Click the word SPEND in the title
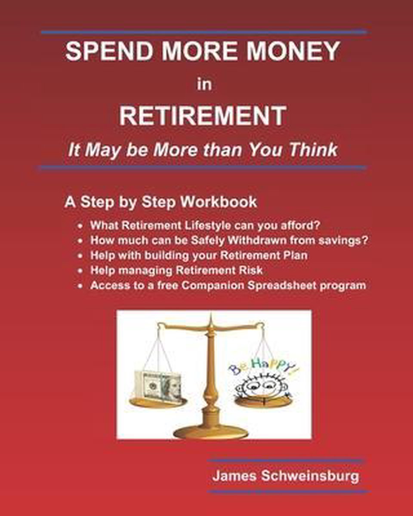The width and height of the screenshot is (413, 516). click(109, 51)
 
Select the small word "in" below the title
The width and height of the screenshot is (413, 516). click(204, 85)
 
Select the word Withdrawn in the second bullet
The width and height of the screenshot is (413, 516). click(256, 241)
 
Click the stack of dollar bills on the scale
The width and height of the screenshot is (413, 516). click(157, 387)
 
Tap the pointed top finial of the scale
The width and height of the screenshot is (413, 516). click(211, 316)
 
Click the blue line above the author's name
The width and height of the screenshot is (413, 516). click(285, 461)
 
